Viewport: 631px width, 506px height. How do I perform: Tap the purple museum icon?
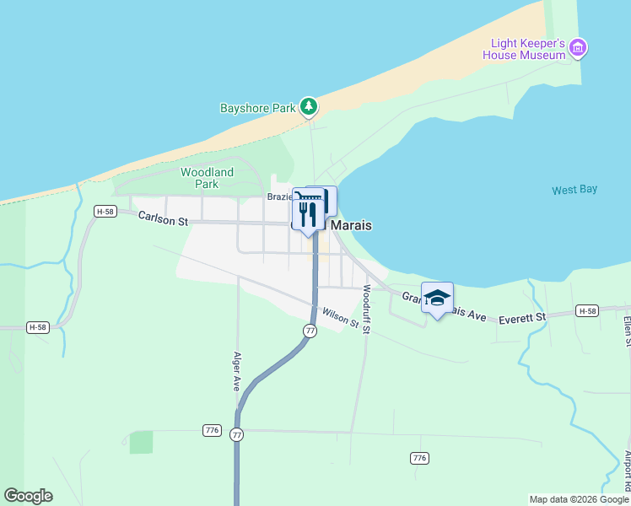(x=578, y=48)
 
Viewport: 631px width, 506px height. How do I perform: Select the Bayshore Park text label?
(x=258, y=108)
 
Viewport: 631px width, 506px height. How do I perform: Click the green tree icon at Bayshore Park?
(x=310, y=106)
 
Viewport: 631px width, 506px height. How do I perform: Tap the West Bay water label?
(x=574, y=190)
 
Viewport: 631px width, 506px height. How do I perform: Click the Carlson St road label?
(x=163, y=219)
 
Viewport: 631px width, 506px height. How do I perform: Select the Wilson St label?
(x=341, y=318)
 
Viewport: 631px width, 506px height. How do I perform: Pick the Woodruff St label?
(x=366, y=309)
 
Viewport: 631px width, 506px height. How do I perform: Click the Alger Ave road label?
(x=238, y=371)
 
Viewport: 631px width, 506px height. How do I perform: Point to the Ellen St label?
(x=627, y=331)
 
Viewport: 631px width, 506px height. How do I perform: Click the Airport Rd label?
(x=627, y=470)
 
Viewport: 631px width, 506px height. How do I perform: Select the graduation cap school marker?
(x=437, y=298)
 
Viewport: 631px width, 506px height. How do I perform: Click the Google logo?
(x=28, y=496)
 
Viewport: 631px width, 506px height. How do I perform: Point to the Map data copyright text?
(x=579, y=499)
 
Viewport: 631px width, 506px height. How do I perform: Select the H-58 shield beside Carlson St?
(x=105, y=212)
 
